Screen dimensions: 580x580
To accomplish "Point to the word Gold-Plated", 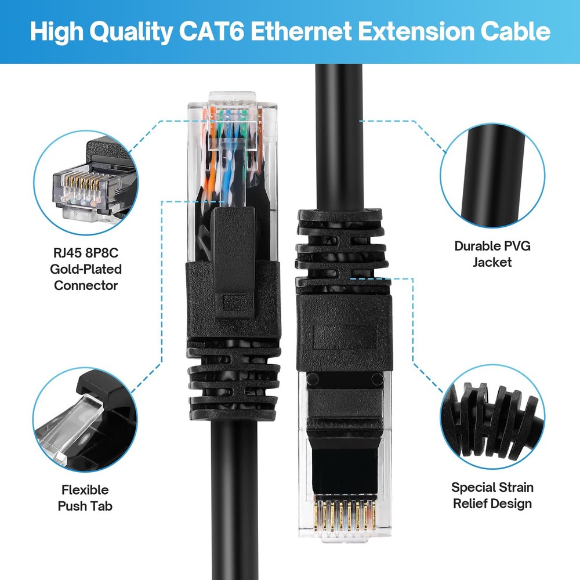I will pos(86,269).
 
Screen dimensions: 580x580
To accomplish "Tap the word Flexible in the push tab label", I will pos(85,490).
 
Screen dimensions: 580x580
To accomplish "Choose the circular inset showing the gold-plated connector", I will pos(86,182).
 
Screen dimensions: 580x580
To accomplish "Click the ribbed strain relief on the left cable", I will pos(231,377).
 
